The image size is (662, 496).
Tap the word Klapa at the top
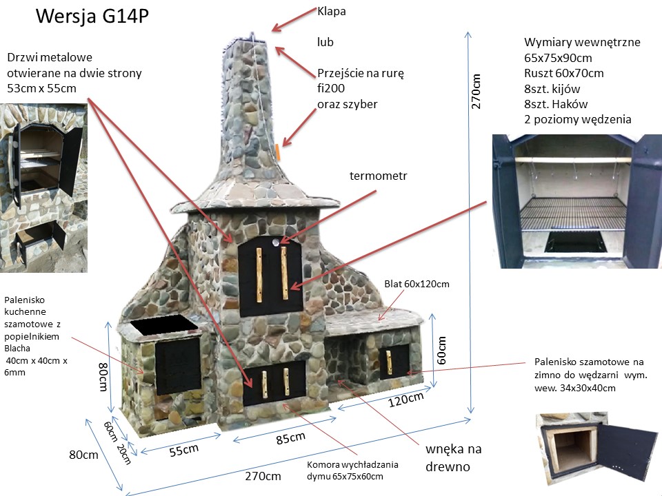[332, 11]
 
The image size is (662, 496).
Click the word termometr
[379, 176]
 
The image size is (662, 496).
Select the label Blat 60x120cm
[416, 284]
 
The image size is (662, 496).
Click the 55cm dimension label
[183, 450]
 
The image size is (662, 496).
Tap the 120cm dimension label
[405, 399]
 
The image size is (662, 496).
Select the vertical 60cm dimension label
[442, 350]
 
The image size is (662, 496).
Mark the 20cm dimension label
[123, 454]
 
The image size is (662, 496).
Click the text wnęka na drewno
[454, 458]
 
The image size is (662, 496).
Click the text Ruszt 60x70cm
[564, 73]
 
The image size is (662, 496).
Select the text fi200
[331, 89]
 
